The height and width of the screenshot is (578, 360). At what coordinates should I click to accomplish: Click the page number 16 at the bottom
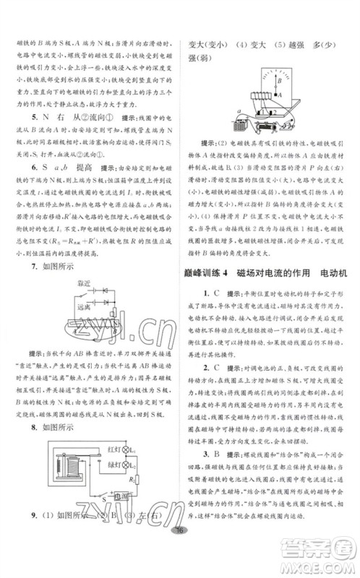(180, 552)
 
